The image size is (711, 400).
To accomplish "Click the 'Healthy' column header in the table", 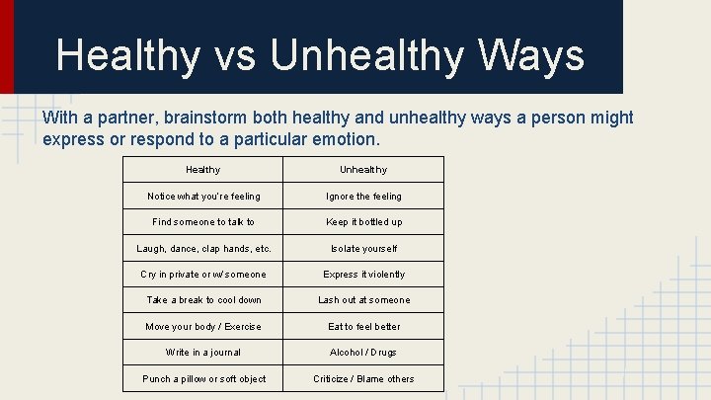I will tap(203, 170).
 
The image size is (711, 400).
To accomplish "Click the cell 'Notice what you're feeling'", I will tap(203, 197).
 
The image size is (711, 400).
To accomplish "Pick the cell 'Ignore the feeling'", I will tap(363, 197).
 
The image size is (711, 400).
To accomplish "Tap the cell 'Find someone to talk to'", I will tap(203, 222).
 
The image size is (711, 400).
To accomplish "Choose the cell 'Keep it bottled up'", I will tap(363, 222).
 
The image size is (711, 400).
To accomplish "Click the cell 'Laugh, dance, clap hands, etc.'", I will tap(203, 249).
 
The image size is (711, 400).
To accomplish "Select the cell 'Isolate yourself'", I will tap(363, 249).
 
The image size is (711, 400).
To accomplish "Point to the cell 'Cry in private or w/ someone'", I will tap(203, 275).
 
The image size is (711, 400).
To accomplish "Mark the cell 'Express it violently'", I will tap(363, 275).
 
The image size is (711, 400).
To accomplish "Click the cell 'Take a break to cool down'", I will tap(203, 300).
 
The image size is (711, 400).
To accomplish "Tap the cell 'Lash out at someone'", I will tap(363, 300).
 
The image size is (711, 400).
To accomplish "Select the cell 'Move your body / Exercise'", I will tap(203, 327).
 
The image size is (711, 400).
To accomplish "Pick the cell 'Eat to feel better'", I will tap(363, 327).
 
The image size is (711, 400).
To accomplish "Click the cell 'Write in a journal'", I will tap(203, 353).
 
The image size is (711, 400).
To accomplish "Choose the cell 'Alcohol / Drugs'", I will tap(363, 353).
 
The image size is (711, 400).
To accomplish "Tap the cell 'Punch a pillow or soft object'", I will tap(203, 379).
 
